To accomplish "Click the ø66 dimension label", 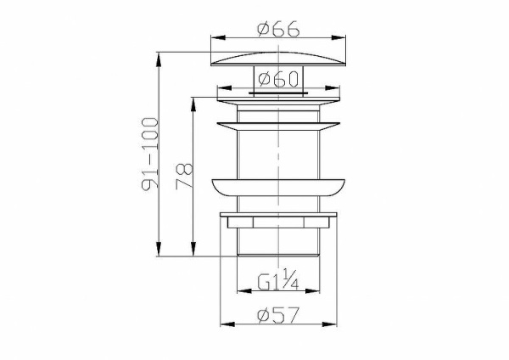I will click(279, 29).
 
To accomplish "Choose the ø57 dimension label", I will click(279, 315).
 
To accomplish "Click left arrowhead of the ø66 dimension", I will click(214, 38).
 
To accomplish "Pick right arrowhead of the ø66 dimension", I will click(344, 38).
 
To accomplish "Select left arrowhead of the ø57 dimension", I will click(224, 324).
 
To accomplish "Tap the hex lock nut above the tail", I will click(279, 223).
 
